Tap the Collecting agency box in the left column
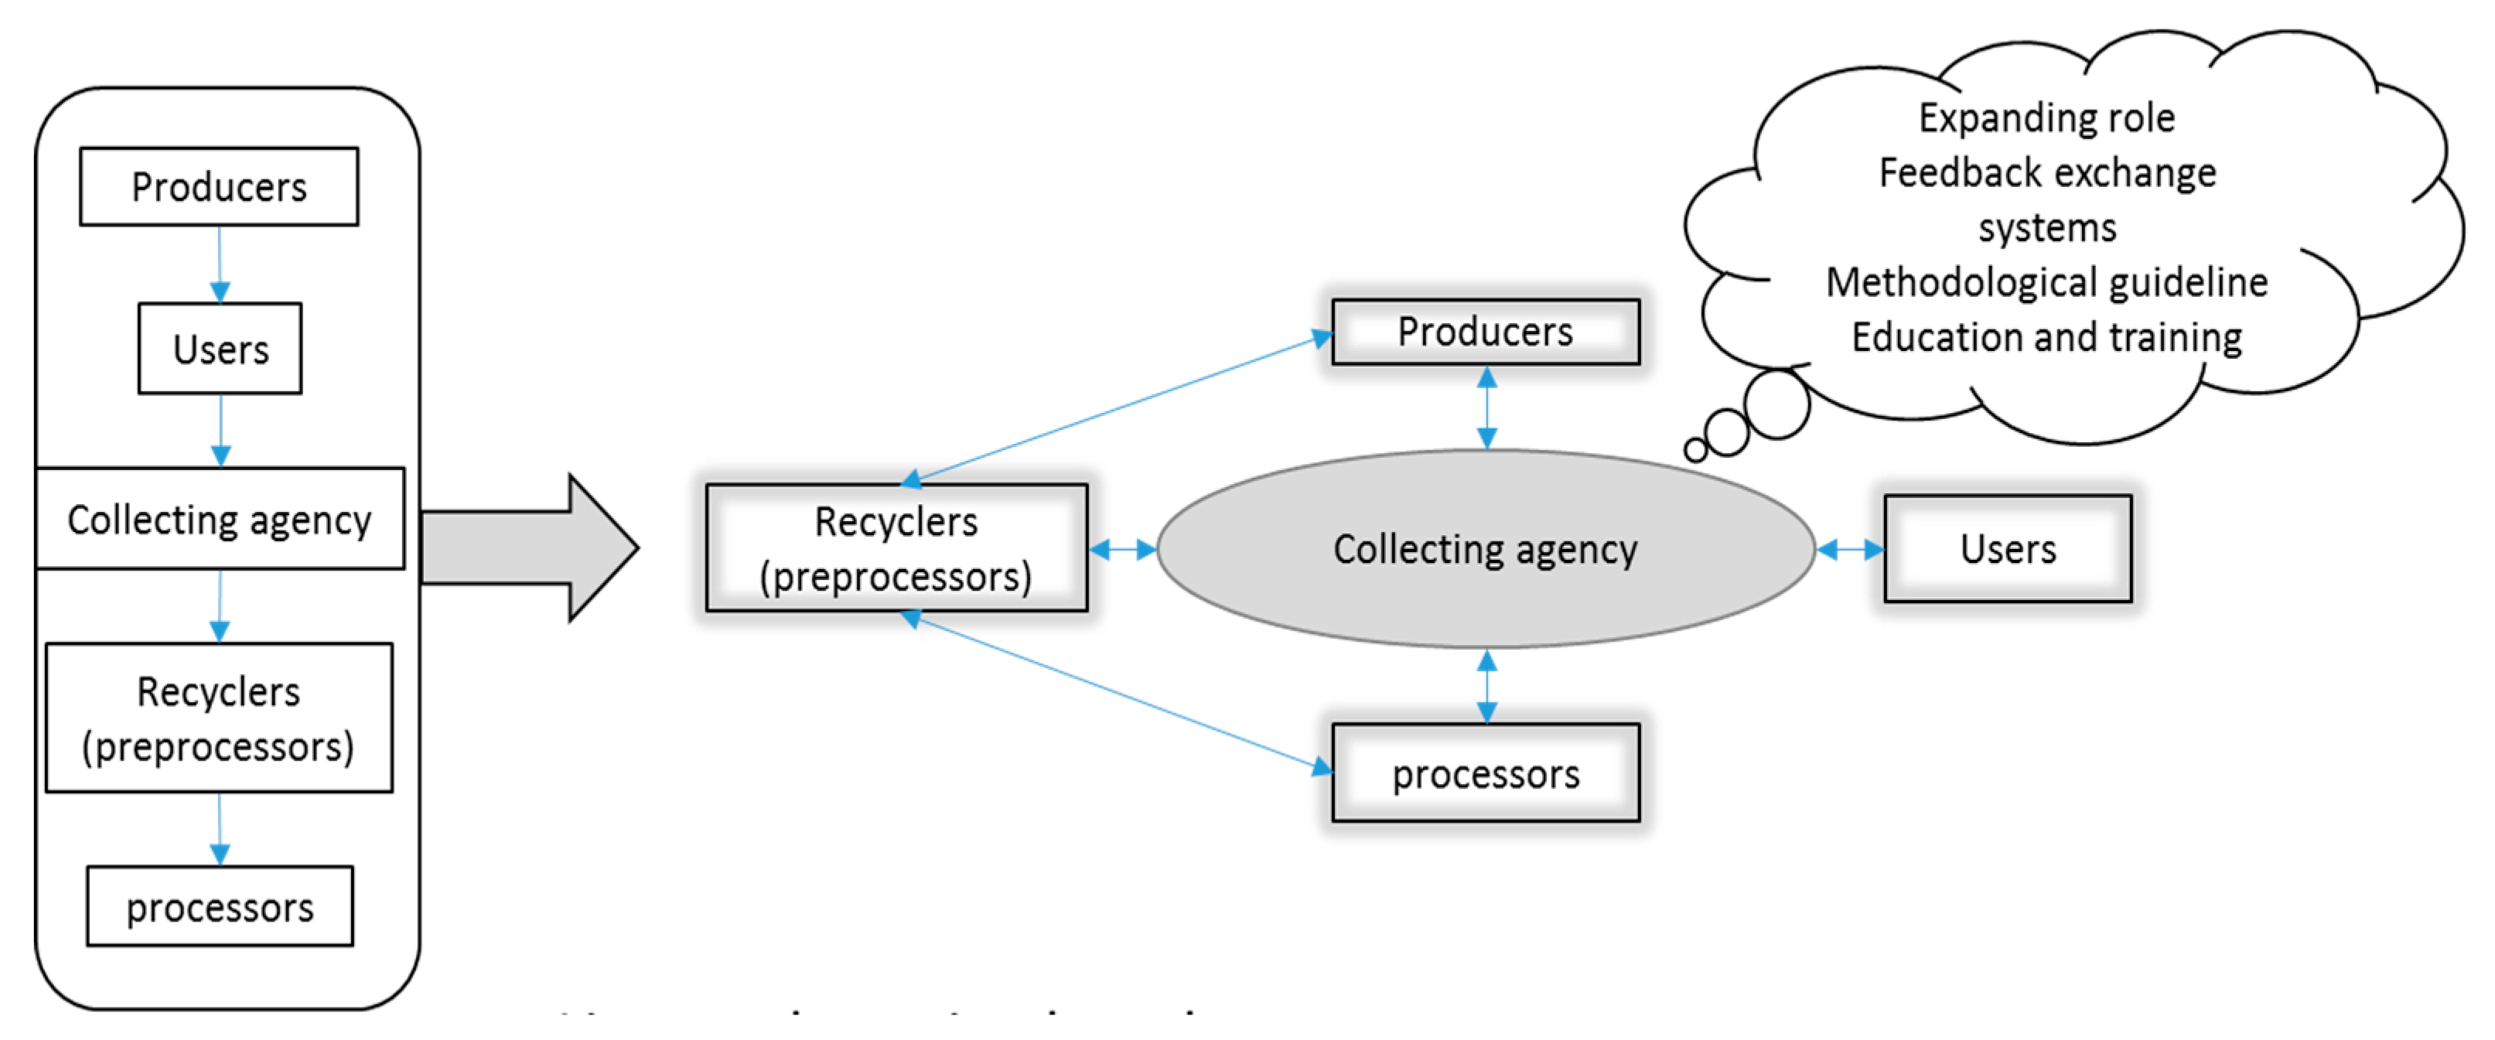click(x=220, y=519)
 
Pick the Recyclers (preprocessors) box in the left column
click(x=219, y=718)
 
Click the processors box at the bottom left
click(x=220, y=906)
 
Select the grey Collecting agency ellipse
click(x=1485, y=549)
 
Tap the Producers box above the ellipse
click(x=1485, y=331)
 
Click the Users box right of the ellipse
click(x=2008, y=548)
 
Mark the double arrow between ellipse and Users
click(x=1849, y=550)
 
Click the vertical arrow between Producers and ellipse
click(x=1486, y=407)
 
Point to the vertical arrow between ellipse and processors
click(x=1486, y=686)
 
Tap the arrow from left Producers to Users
click(x=220, y=264)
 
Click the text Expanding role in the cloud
click(x=2046, y=118)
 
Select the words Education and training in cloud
click(x=2046, y=337)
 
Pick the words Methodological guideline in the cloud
click(x=2046, y=281)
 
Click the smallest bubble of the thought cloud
click(x=1695, y=449)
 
